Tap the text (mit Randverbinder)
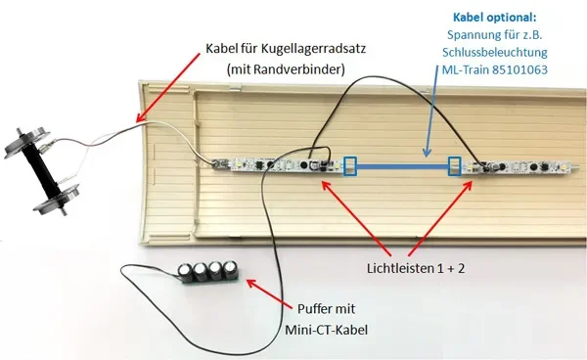286,69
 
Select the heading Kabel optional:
494,18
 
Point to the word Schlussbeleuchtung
494,53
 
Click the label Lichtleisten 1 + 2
416,268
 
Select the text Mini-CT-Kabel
326,330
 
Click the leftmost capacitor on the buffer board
185,272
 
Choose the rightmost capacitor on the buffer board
231,270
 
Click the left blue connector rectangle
350,166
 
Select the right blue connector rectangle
455,166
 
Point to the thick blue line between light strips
402,167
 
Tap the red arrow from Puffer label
268,293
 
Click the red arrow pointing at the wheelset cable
168,88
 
